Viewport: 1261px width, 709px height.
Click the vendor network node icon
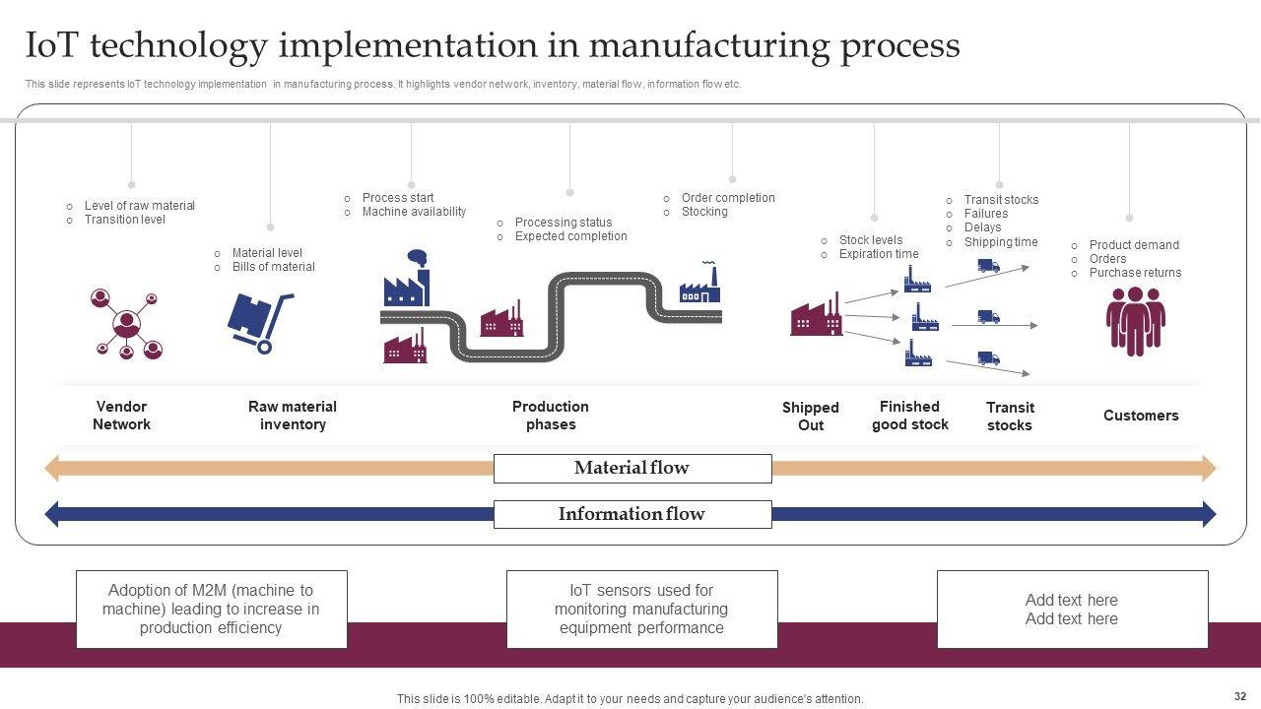(126, 324)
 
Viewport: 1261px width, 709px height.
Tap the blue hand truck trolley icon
(260, 323)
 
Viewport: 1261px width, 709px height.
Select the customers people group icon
(1136, 321)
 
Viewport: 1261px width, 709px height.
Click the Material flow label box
(632, 468)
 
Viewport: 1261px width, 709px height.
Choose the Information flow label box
(632, 514)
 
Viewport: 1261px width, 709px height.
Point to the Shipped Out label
(811, 416)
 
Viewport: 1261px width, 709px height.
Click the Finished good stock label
(909, 416)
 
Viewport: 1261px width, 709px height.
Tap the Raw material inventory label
(293, 416)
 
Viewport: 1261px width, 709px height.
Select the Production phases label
(551, 416)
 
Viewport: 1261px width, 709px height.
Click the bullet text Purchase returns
(1135, 273)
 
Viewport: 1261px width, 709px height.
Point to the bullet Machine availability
(414, 212)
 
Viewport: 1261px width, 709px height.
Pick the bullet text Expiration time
(879, 254)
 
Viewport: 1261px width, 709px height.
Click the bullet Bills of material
(273, 267)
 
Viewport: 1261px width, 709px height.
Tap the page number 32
(1239, 696)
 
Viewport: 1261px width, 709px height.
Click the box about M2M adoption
(212, 610)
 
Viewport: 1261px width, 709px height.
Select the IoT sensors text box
(641, 610)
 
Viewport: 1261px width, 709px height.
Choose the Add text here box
(1073, 610)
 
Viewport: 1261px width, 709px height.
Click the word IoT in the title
(51, 45)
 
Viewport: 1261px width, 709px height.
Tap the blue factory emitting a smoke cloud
(407, 278)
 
